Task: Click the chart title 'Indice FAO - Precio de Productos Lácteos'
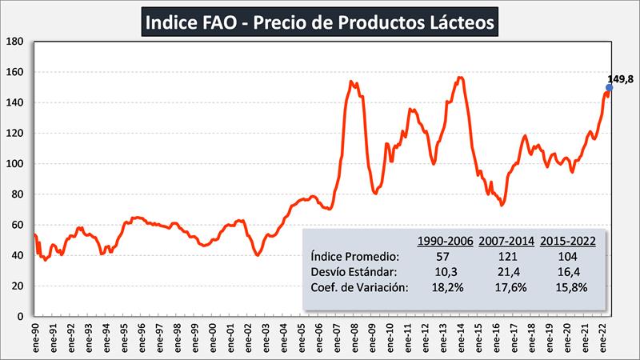pyautogui.click(x=319, y=21)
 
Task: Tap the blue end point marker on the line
pyautogui.click(x=609, y=88)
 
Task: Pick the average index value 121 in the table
pyautogui.click(x=506, y=256)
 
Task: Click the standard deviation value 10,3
pyautogui.click(x=444, y=272)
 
